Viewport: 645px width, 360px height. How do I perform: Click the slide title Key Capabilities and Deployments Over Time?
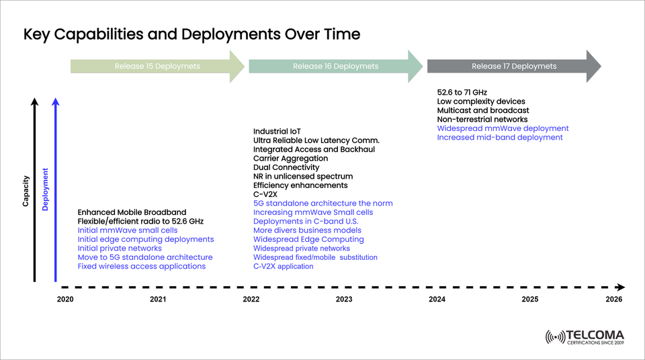pyautogui.click(x=192, y=34)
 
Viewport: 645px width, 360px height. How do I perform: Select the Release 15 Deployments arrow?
pyautogui.click(x=157, y=66)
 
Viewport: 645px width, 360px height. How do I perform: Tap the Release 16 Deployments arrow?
pyautogui.click(x=335, y=66)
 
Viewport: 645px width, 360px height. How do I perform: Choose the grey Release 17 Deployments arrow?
pyautogui.click(x=513, y=66)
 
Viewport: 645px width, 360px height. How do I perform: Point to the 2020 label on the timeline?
pyautogui.click(x=65, y=300)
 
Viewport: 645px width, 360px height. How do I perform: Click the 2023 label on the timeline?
pyautogui.click(x=344, y=300)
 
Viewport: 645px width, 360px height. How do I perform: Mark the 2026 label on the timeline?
pyautogui.click(x=613, y=300)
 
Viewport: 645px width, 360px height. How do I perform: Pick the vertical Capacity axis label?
pyautogui.click(x=26, y=191)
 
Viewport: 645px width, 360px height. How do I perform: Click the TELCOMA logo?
pyautogui.click(x=585, y=337)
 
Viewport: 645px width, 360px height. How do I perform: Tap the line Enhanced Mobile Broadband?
pyautogui.click(x=132, y=212)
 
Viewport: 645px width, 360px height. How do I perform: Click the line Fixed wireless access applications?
pyautogui.click(x=142, y=267)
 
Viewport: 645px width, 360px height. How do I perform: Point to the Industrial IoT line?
pyautogui.click(x=277, y=131)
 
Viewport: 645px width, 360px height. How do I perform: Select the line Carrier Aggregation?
pyautogui.click(x=291, y=158)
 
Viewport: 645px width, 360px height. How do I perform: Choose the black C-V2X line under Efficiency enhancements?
pyautogui.click(x=266, y=194)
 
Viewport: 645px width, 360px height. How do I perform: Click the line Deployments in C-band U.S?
pyautogui.click(x=306, y=221)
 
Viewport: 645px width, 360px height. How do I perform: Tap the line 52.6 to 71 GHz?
pyautogui.click(x=462, y=92)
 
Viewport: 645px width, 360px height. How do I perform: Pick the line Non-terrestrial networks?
pyautogui.click(x=482, y=119)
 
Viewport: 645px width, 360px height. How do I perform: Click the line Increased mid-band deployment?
pyautogui.click(x=499, y=137)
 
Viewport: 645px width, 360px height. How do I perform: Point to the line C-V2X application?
pyautogui.click(x=283, y=267)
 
